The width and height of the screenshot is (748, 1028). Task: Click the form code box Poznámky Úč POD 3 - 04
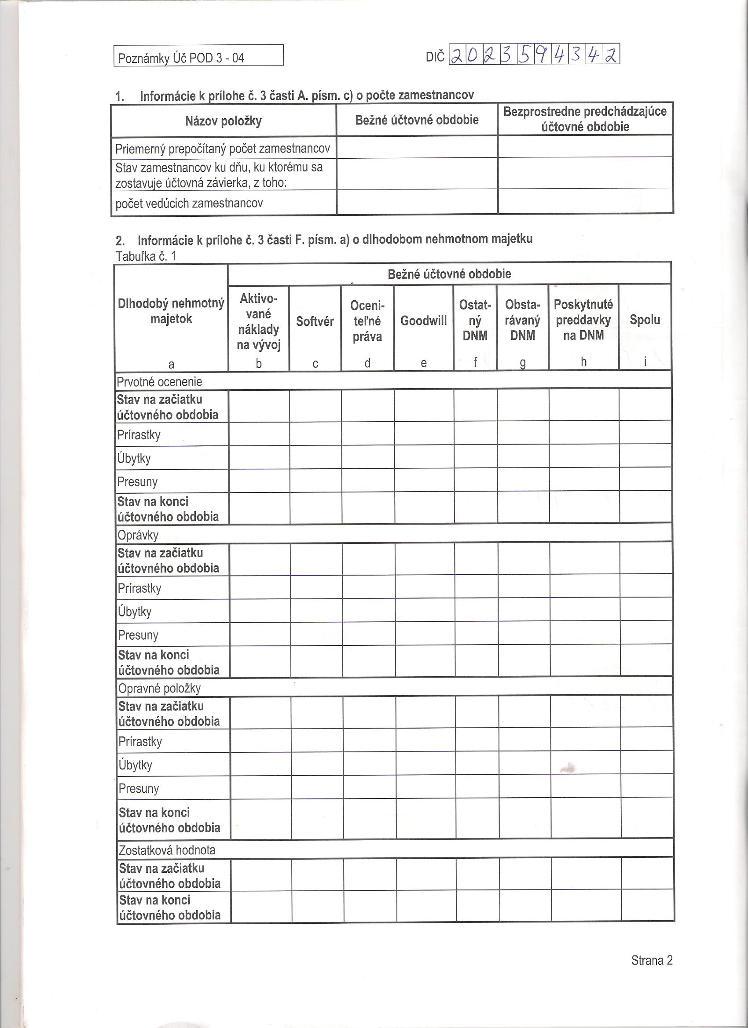pyautogui.click(x=198, y=56)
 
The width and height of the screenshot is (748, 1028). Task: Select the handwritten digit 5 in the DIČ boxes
pyautogui.click(x=525, y=55)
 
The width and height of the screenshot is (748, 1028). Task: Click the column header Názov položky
pyautogui.click(x=223, y=121)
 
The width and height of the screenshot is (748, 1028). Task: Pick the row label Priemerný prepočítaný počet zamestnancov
pyautogui.click(x=222, y=149)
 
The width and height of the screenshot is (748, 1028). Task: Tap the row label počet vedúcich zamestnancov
pyautogui.click(x=189, y=203)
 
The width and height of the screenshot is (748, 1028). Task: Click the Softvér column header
pyautogui.click(x=315, y=321)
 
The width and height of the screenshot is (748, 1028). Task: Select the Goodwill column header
pyautogui.click(x=423, y=321)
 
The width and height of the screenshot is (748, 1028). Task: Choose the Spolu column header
pyautogui.click(x=645, y=320)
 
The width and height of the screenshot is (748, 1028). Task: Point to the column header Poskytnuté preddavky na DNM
pyautogui.click(x=583, y=320)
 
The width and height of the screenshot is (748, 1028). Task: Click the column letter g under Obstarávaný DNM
pyautogui.click(x=523, y=363)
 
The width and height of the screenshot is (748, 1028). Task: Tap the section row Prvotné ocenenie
pyautogui.click(x=159, y=382)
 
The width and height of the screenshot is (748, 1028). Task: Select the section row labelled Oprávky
pyautogui.click(x=138, y=535)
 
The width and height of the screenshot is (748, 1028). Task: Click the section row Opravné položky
pyautogui.click(x=159, y=689)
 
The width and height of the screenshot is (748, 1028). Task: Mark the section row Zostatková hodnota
pyautogui.click(x=167, y=850)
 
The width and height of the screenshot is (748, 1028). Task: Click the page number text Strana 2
pyautogui.click(x=651, y=960)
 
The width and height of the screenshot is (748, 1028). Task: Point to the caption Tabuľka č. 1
pyautogui.click(x=146, y=256)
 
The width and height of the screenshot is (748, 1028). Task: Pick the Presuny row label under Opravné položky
pyautogui.click(x=139, y=788)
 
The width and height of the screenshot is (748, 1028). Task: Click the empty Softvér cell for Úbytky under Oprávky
pyautogui.click(x=316, y=611)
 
